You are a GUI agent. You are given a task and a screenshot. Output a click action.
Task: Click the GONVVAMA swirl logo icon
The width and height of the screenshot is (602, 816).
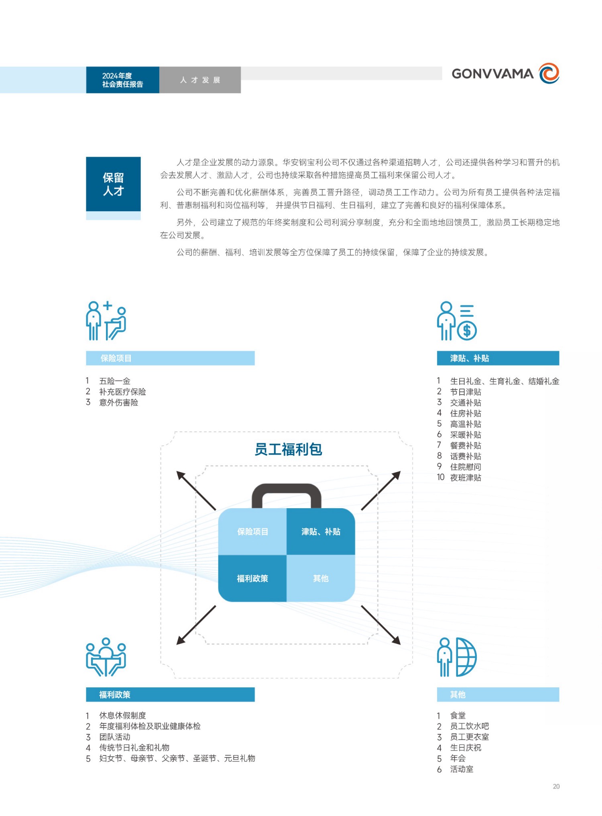click(549, 73)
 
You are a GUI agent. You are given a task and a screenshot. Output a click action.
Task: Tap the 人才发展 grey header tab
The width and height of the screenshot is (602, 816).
click(200, 80)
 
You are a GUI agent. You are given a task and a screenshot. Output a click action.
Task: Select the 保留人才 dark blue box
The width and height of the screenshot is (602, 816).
click(113, 184)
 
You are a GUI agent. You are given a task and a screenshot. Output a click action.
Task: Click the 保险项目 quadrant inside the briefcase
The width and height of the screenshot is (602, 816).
click(252, 531)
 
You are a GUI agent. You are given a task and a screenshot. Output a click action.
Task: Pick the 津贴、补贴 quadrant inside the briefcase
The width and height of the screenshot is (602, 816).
click(321, 531)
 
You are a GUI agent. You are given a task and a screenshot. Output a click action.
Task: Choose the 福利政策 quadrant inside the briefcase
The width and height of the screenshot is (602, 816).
click(252, 578)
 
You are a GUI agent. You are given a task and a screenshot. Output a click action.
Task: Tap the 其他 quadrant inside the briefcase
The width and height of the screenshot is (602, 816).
click(321, 578)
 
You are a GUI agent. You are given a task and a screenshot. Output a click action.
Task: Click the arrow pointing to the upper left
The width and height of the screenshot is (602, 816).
click(196, 491)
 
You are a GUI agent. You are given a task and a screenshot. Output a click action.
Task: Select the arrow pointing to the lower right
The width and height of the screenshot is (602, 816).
click(381, 625)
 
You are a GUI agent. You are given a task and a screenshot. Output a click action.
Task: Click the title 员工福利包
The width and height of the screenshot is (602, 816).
click(288, 449)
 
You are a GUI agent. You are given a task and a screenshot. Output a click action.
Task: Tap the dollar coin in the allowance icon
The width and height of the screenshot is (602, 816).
click(467, 331)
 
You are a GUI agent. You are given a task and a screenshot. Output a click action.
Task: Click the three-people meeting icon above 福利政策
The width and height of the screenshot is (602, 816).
click(106, 657)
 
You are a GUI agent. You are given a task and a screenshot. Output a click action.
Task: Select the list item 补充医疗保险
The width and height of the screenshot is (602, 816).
click(122, 392)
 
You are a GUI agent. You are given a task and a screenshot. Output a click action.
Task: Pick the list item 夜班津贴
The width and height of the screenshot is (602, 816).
click(466, 477)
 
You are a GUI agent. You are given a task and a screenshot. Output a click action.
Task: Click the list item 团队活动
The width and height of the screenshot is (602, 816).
click(115, 737)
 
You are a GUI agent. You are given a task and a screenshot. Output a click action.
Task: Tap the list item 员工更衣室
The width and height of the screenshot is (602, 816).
click(470, 737)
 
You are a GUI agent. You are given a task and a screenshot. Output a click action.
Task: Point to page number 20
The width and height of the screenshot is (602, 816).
click(556, 786)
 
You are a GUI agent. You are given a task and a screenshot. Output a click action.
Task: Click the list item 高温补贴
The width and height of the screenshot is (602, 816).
click(466, 424)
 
